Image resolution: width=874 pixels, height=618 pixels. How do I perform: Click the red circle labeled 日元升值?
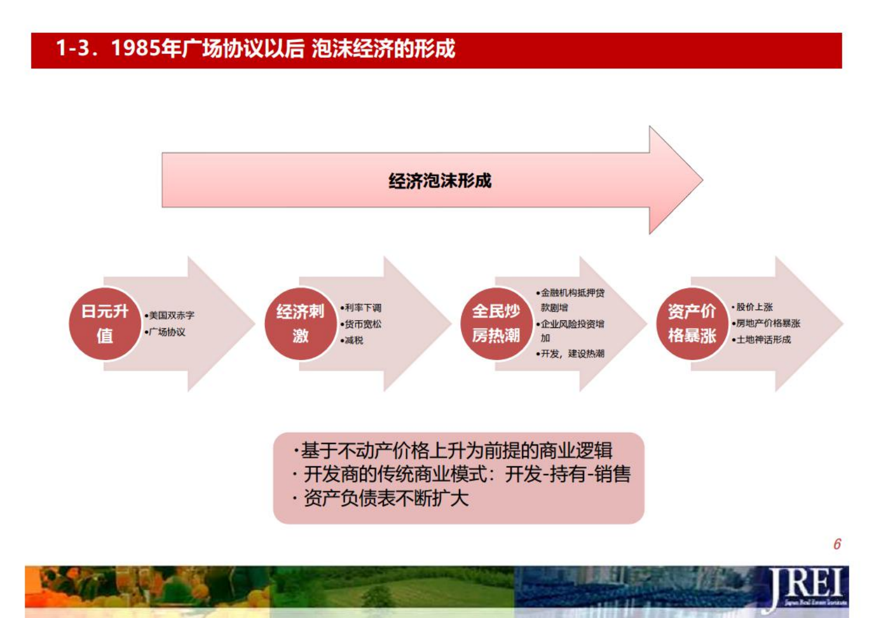pyautogui.click(x=105, y=323)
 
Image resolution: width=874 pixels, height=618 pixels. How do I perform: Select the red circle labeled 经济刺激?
pyautogui.click(x=300, y=323)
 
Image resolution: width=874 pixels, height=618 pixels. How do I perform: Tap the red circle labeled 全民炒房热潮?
pyautogui.click(x=496, y=323)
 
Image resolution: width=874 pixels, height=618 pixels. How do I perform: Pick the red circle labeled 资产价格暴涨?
pyautogui.click(x=692, y=323)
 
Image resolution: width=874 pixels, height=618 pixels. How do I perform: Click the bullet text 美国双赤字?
pyautogui.click(x=171, y=315)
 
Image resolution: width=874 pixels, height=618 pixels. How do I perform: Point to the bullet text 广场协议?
pyautogui.click(x=167, y=332)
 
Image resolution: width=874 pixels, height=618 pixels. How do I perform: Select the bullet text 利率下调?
pyautogui.click(x=362, y=308)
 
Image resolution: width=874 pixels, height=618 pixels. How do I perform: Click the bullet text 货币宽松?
pyautogui.click(x=362, y=324)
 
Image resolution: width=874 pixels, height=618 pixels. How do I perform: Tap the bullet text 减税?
pyautogui.click(x=354, y=340)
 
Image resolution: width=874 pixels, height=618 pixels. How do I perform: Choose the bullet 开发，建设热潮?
pyautogui.click(x=572, y=354)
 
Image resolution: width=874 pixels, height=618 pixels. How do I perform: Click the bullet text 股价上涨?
pyautogui.click(x=754, y=307)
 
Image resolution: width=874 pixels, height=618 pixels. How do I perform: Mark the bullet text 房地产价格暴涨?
pyautogui.click(x=768, y=323)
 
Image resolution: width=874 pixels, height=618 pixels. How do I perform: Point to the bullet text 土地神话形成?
pyautogui.click(x=763, y=340)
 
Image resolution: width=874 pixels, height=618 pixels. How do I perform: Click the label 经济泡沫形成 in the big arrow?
pyautogui.click(x=440, y=181)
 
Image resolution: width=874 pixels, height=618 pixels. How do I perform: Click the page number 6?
pyautogui.click(x=837, y=544)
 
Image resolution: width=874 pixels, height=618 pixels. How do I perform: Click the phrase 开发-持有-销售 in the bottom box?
pyautogui.click(x=568, y=474)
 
